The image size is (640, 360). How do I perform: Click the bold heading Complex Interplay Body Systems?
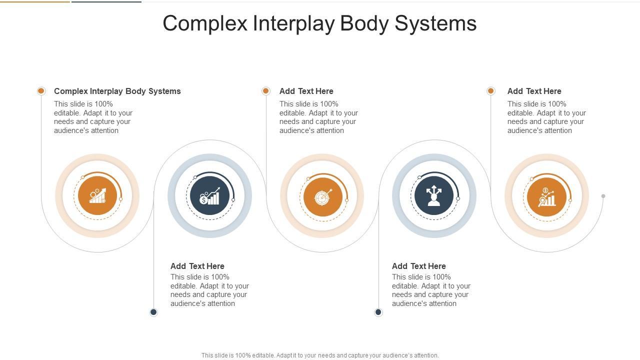pyautogui.click(x=117, y=91)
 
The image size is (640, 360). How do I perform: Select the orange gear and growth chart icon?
pyautogui.click(x=97, y=196)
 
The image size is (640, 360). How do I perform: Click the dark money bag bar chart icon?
pyautogui.click(x=210, y=196)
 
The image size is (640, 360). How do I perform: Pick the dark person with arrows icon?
pyautogui.click(x=434, y=196)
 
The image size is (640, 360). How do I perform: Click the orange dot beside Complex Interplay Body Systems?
pyautogui.click(x=41, y=91)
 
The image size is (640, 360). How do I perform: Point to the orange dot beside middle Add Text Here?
pyautogui.click(x=266, y=91)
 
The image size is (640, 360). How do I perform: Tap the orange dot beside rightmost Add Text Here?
pyautogui.click(x=491, y=91)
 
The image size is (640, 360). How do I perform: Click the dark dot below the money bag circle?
pyautogui.click(x=153, y=312)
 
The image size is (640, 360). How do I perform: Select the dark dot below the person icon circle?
pyautogui.click(x=378, y=312)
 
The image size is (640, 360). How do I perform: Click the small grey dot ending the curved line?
pyautogui.click(x=603, y=196)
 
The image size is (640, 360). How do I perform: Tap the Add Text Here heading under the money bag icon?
pyautogui.click(x=197, y=266)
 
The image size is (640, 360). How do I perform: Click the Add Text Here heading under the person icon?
pyautogui.click(x=419, y=266)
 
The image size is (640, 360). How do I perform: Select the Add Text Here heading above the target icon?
pyautogui.click(x=306, y=91)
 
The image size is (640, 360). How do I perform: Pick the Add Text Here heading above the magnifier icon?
pyautogui.click(x=534, y=91)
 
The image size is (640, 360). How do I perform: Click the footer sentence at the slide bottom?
pyautogui.click(x=320, y=355)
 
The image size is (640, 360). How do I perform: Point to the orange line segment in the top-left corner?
pyautogui.click(x=35, y=1)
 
